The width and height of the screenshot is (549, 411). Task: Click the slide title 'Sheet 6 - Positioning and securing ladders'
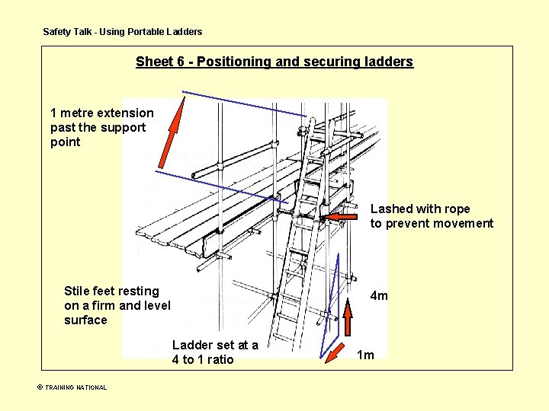(x=274, y=62)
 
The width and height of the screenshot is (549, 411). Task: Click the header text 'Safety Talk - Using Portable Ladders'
(x=123, y=32)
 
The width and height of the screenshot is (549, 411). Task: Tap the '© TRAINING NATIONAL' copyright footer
(x=72, y=387)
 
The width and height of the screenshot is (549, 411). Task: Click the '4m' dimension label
(x=379, y=295)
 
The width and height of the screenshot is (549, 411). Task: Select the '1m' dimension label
(x=366, y=355)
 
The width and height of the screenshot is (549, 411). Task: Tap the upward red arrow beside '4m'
(x=347, y=317)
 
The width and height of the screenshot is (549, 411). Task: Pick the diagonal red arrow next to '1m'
(x=333, y=352)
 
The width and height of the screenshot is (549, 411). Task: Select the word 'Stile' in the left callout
(x=79, y=291)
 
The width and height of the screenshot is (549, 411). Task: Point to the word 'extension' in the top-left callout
(x=125, y=113)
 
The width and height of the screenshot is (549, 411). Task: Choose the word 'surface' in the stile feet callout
(x=85, y=320)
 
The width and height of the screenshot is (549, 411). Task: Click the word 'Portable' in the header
(x=148, y=32)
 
